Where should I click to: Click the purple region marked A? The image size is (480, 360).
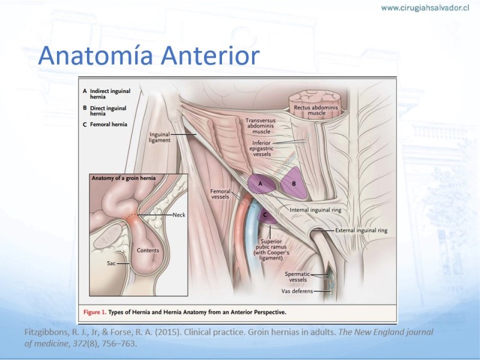[261, 184]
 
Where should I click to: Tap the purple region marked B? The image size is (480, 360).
[294, 183]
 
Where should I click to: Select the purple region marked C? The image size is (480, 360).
[266, 215]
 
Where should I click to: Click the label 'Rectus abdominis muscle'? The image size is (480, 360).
[316, 110]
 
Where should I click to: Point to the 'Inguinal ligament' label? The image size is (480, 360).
[160, 137]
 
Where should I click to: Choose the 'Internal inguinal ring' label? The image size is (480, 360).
[316, 210]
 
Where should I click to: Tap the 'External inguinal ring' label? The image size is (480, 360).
[361, 230]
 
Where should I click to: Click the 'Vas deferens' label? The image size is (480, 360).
[297, 291]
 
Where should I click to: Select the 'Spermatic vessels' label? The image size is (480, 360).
[297, 277]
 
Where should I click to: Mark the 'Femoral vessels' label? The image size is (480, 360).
[220, 194]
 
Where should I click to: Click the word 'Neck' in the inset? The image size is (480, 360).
[179, 215]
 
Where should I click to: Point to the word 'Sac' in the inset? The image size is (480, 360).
[111, 263]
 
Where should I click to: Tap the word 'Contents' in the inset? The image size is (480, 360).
[148, 250]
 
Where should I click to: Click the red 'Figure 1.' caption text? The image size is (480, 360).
[95, 312]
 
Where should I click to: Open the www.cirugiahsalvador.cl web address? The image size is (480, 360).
[425, 8]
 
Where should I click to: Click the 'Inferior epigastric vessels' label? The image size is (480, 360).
[261, 148]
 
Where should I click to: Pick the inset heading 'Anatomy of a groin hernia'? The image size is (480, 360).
[124, 178]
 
